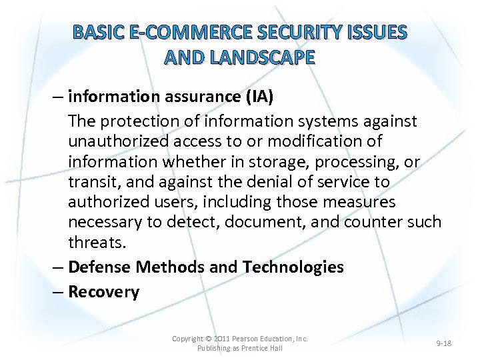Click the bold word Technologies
[293, 267]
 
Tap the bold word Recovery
[104, 292]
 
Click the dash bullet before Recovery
[59, 292]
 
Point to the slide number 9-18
[443, 343]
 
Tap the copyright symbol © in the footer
[209, 339]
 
